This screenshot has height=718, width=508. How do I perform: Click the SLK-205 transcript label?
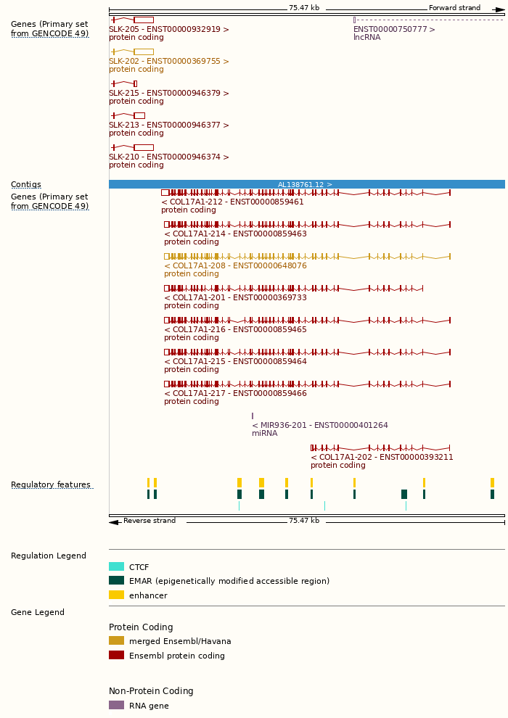point(168,30)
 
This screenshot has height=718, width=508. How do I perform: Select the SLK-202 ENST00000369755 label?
point(168,62)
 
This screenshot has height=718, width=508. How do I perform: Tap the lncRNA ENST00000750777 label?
point(394,30)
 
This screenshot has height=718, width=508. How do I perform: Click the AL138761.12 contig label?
point(305,185)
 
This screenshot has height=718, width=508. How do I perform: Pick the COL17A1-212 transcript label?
point(232,202)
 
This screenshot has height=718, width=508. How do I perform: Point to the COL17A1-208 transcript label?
point(235,266)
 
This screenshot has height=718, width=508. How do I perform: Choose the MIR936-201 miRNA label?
point(319,426)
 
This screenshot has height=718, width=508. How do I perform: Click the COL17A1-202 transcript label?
point(382,458)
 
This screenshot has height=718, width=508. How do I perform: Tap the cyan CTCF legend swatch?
point(116,567)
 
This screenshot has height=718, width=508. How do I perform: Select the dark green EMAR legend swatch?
point(116,581)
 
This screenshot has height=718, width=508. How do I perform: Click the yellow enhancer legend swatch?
point(116,595)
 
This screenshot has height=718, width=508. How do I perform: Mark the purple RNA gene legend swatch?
point(116,706)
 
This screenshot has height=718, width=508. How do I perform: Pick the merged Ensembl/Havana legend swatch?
point(116,641)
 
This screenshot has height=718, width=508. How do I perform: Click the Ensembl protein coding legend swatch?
point(116,656)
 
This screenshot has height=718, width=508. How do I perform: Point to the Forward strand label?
point(454,8)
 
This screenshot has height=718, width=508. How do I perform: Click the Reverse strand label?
point(149,521)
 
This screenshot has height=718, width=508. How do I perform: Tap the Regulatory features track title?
point(51,485)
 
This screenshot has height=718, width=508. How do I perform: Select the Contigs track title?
point(26,185)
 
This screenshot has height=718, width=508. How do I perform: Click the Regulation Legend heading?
point(49,556)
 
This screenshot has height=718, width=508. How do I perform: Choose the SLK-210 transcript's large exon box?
point(144,147)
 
